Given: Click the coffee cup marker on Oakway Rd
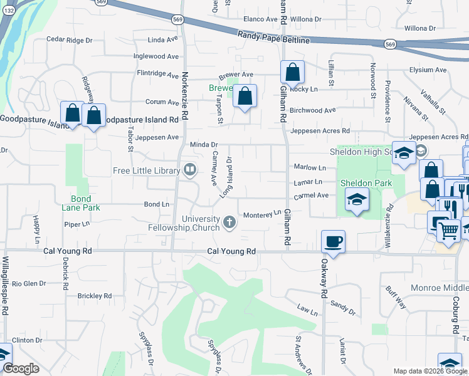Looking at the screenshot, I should click(333, 241).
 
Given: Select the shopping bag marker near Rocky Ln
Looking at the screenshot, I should click(292, 73).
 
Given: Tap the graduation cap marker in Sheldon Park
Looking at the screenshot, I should click(357, 199).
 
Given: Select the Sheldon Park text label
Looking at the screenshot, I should click(366, 183).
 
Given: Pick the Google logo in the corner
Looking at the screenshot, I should click(21, 368).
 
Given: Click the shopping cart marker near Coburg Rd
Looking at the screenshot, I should click(447, 232).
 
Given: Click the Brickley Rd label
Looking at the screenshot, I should click(95, 295).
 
